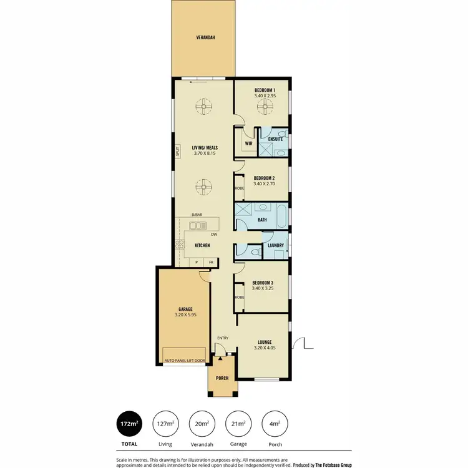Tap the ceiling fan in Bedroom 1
(265, 109)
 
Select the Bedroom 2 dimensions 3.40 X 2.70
(265, 184)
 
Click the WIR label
(248, 143)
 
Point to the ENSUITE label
(276, 139)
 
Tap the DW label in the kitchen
(213, 235)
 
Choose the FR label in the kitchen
(212, 262)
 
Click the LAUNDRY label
(276, 245)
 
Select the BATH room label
(263, 220)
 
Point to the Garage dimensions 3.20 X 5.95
(185, 315)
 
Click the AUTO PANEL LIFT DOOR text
(184, 361)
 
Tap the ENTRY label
(223, 338)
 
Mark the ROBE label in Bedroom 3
(239, 297)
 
